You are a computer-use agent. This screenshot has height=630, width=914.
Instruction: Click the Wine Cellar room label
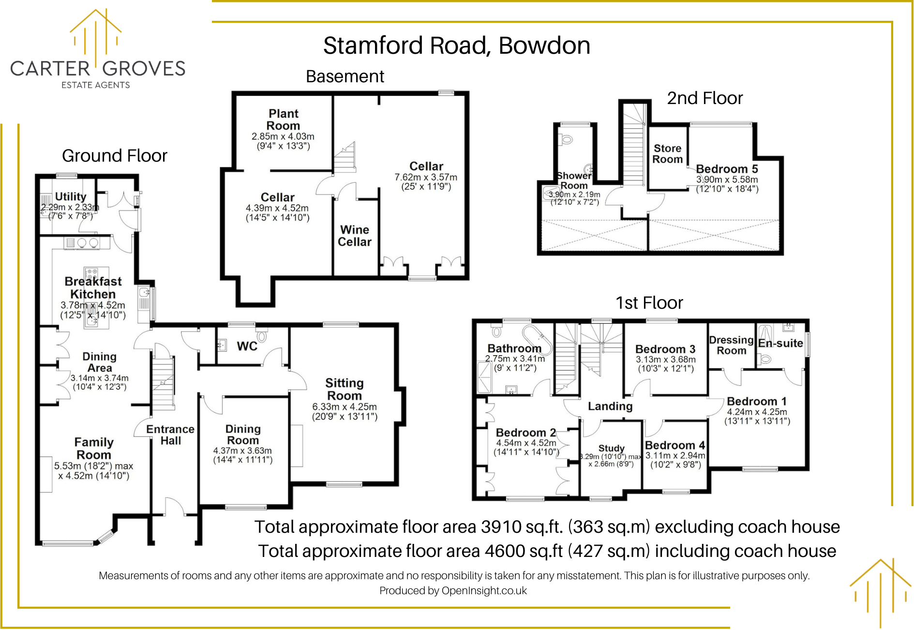[355, 236]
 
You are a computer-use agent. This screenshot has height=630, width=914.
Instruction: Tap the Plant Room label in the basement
[284, 120]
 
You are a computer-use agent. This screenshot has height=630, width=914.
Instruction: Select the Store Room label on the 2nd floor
[668, 154]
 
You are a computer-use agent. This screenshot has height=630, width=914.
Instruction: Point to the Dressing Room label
[731, 345]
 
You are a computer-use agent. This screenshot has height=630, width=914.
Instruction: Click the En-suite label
[780, 343]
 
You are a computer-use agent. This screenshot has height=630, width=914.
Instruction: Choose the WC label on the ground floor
[247, 346]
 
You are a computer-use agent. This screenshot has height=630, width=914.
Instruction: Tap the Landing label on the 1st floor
[610, 406]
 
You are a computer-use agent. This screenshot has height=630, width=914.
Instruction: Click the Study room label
[611, 448]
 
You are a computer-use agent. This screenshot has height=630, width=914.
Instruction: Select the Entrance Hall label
[170, 435]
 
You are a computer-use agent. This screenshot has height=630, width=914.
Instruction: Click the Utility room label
[71, 196]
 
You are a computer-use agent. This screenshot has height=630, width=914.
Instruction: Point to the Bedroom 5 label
[727, 169]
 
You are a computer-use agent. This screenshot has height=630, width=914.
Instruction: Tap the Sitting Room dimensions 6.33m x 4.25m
[345, 407]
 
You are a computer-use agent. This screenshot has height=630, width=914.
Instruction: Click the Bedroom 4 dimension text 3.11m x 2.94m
[675, 455]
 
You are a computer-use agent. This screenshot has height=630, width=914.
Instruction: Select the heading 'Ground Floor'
[115, 156]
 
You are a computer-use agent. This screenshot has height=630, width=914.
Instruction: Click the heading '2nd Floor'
[704, 98]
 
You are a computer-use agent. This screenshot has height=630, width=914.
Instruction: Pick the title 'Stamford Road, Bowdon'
[457, 45]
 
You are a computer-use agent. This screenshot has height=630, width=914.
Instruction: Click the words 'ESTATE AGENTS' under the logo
[96, 85]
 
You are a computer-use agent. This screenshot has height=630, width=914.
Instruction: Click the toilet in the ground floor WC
[262, 336]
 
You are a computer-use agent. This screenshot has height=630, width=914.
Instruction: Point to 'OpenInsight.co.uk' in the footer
[484, 590]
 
